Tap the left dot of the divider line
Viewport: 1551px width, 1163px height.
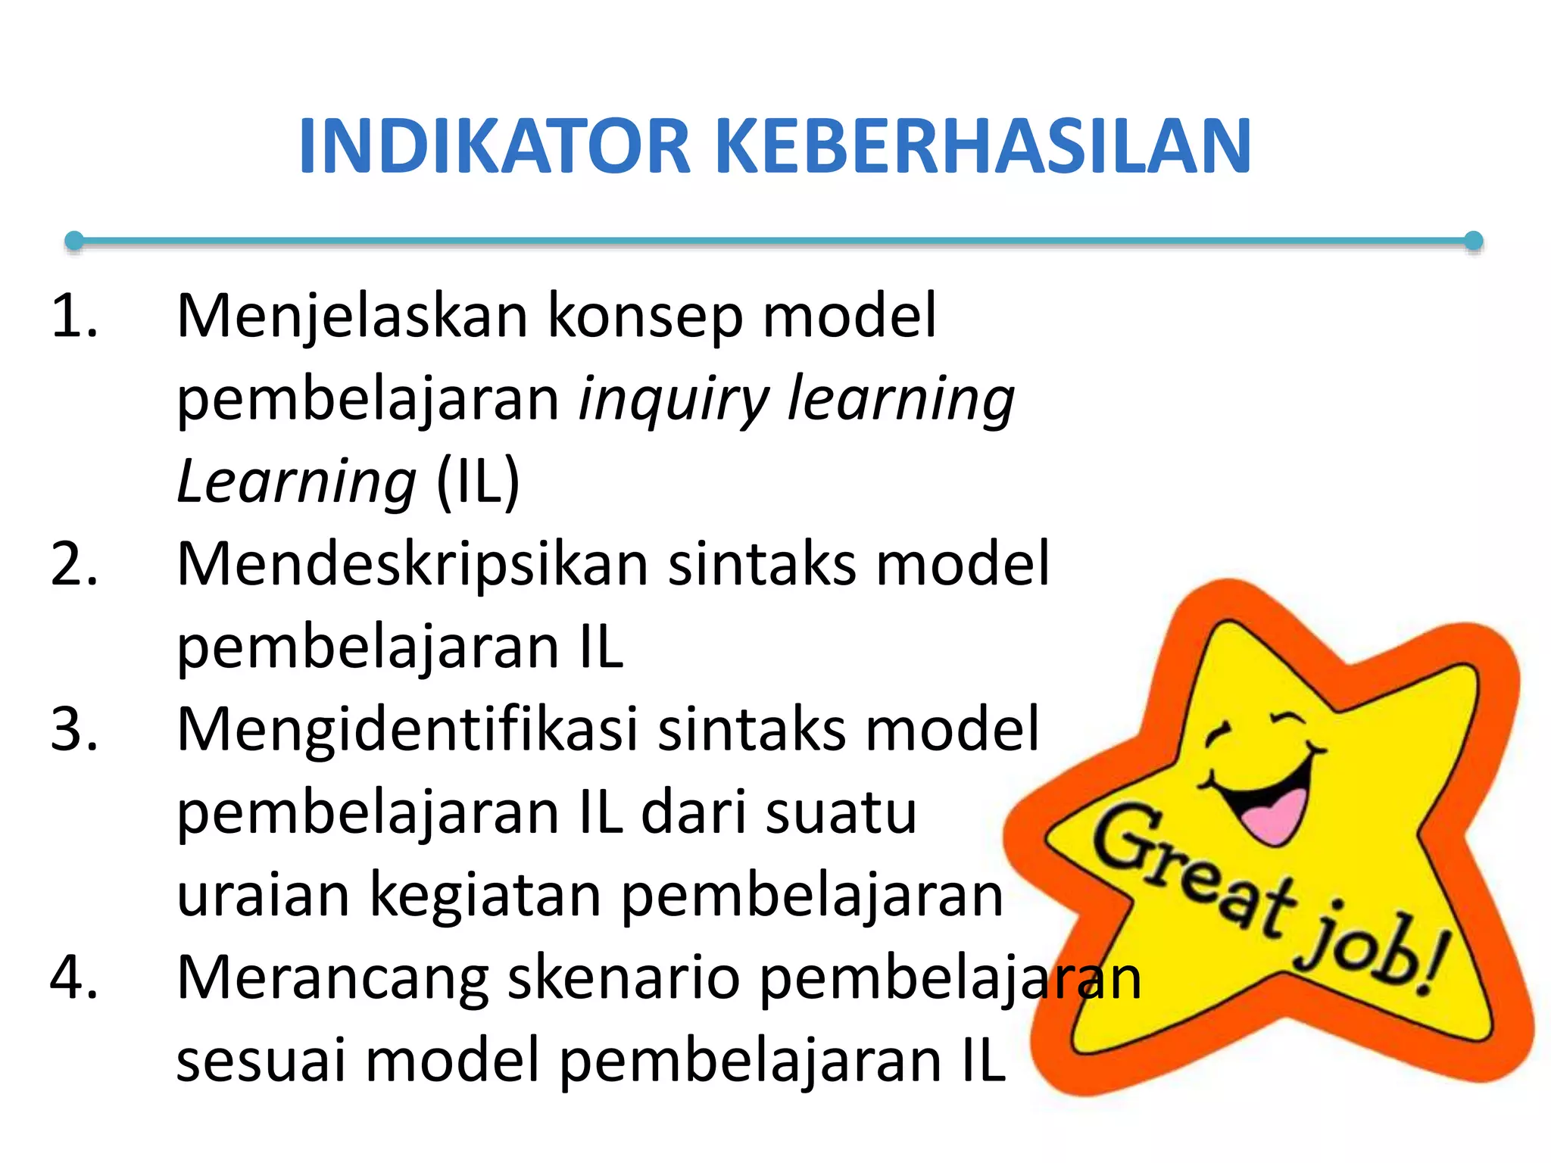pos(74,241)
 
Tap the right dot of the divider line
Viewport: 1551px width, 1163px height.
pos(1473,241)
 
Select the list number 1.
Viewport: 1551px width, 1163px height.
pos(73,316)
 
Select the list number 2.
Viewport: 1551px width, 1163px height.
pos(73,564)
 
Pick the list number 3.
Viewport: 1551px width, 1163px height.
pos(73,729)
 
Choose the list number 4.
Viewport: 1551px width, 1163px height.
pos(73,977)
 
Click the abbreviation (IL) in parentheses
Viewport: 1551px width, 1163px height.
pos(478,482)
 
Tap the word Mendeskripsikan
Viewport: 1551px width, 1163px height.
pos(413,564)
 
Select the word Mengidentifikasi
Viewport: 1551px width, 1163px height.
pos(407,729)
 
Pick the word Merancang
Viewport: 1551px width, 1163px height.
pos(332,977)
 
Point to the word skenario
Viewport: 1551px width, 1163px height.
pos(623,977)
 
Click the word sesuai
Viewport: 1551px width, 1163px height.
pos(261,1060)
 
